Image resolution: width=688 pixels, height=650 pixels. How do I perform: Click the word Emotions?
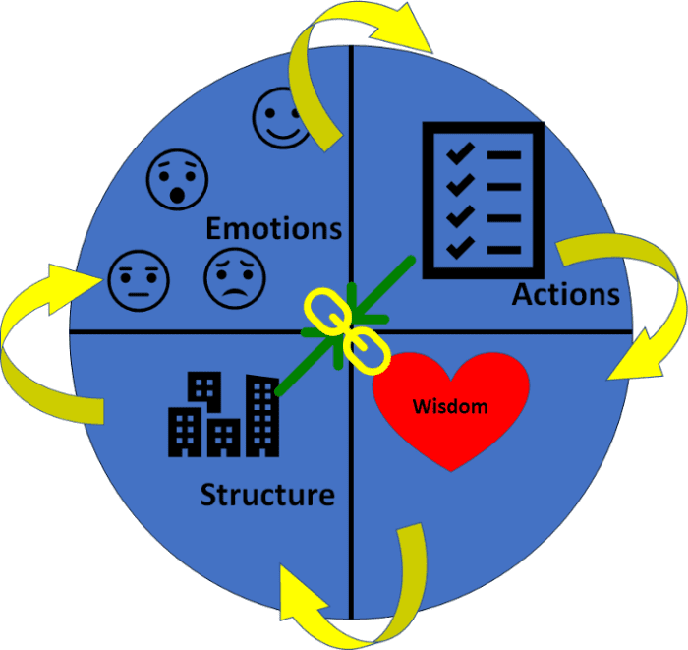[273, 228]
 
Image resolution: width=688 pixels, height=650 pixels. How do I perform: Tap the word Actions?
[565, 293]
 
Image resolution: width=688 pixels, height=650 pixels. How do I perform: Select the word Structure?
[267, 494]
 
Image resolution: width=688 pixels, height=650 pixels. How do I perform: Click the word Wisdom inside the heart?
[449, 405]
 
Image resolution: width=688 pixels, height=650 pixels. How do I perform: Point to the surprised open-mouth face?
[177, 180]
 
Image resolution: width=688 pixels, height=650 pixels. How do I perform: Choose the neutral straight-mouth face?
[138, 278]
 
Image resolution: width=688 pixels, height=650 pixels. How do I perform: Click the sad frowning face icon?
[234, 277]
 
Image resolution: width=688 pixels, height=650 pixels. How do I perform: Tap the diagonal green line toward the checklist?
[393, 276]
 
